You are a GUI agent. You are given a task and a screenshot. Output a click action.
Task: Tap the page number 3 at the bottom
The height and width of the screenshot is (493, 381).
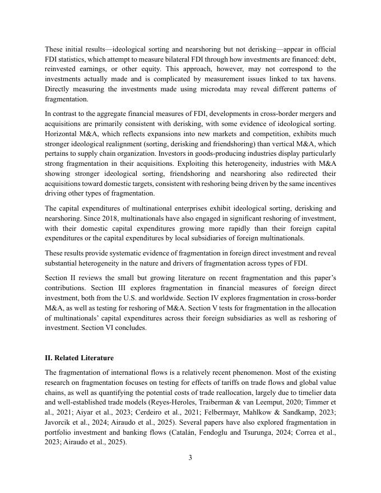(x=190, y=458)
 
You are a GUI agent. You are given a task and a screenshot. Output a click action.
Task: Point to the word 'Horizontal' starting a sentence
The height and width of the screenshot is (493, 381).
(x=62, y=133)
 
